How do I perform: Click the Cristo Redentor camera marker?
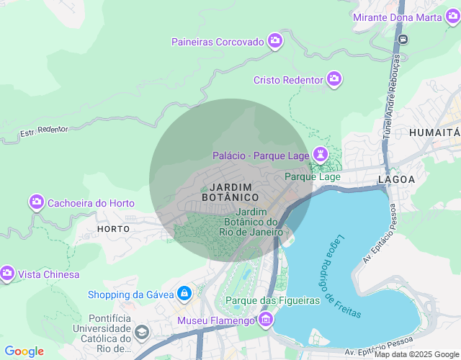tap(334, 78)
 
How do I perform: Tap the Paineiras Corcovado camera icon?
tap(274, 41)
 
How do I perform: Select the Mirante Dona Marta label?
tap(407, 17)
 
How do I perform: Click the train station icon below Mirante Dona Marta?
tap(405, 39)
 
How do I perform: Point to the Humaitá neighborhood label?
tap(434, 132)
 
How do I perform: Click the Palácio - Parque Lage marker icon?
tap(320, 154)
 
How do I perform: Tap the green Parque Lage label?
tap(313, 176)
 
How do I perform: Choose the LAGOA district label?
tap(396, 179)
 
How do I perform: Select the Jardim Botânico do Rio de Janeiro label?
tap(251, 222)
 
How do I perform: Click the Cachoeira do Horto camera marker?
tap(37, 202)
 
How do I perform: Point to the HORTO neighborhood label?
tap(113, 228)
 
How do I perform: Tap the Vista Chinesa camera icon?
tap(8, 274)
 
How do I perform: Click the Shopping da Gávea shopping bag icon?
tap(185, 294)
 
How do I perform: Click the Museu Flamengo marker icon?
tap(267, 319)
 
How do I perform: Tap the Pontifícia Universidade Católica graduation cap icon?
tap(142, 333)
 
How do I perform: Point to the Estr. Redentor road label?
tap(44, 132)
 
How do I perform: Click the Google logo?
tap(24, 351)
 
